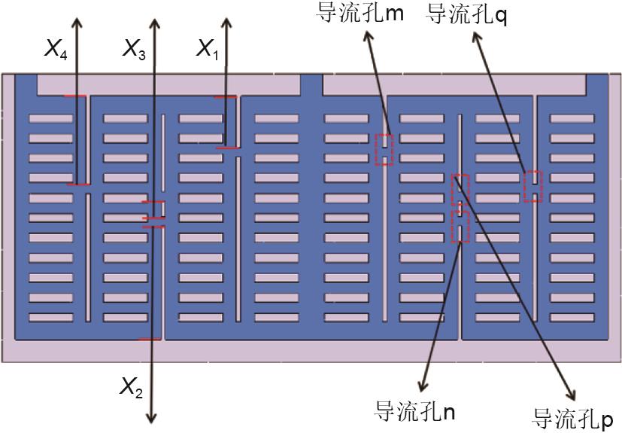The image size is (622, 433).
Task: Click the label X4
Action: (x=56, y=49)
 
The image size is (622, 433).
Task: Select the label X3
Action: (x=134, y=49)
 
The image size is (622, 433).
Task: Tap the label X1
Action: (x=208, y=49)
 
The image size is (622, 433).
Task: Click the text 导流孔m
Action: (x=360, y=13)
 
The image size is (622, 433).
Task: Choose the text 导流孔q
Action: (x=466, y=15)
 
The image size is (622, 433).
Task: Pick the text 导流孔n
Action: (x=414, y=411)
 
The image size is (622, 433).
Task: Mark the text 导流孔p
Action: (x=572, y=418)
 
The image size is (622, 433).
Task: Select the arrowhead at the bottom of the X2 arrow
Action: (x=151, y=418)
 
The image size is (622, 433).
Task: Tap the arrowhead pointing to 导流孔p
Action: (x=571, y=394)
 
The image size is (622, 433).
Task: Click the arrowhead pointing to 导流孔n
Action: (x=423, y=385)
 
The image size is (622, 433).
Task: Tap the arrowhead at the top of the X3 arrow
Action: (x=154, y=23)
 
